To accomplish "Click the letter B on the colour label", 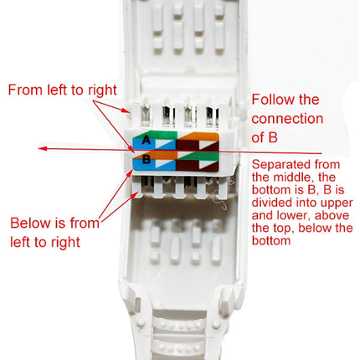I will (147, 157).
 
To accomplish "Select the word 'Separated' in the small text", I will (278, 165).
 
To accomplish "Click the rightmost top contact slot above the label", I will (208, 116).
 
